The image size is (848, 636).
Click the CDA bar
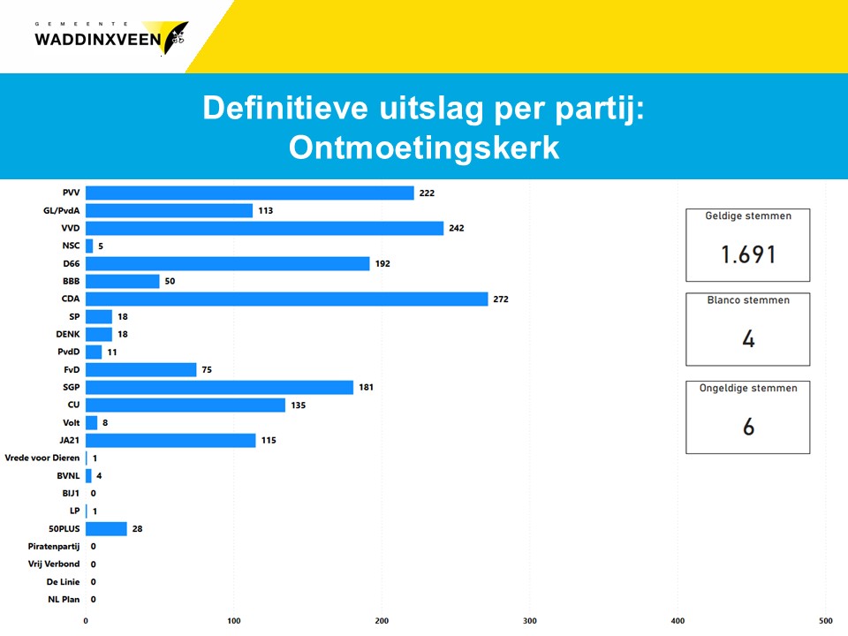tap(286, 299)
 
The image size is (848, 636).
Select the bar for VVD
tap(264, 228)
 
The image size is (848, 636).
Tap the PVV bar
tap(249, 193)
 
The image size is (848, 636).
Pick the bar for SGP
tap(219, 387)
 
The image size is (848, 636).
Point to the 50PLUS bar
tap(106, 528)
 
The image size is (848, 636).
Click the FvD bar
tap(140, 369)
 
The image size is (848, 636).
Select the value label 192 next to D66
tap(382, 263)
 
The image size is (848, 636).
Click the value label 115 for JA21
tap(269, 440)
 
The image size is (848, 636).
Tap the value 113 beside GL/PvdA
tap(265, 210)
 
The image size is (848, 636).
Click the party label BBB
tap(71, 281)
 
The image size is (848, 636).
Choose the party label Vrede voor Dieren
tap(42, 458)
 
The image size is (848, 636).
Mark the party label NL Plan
tap(64, 599)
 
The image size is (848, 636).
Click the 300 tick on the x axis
tap(530, 620)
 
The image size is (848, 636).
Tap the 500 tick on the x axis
tap(825, 620)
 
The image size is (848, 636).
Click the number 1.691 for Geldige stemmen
tap(748, 255)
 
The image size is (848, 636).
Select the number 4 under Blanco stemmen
tap(748, 339)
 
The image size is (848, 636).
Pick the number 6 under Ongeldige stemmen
tap(748, 428)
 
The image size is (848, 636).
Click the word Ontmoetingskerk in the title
tap(424, 148)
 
